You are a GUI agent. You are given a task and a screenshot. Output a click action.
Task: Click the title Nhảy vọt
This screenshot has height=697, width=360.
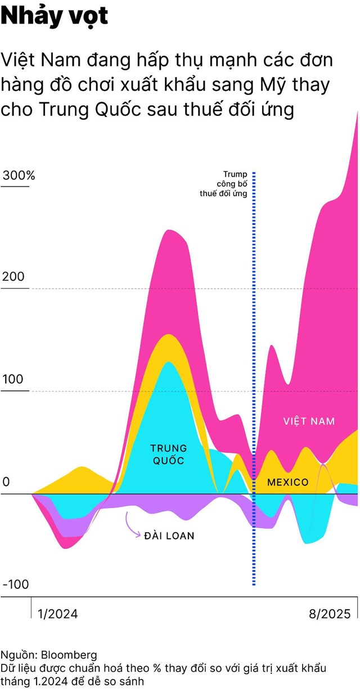pyautogui.click(x=55, y=17)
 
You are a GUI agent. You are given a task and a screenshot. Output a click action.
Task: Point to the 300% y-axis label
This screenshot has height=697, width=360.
pyautogui.click(x=19, y=175)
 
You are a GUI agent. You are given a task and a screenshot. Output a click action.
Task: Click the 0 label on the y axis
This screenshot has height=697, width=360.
pyautogui.click(x=6, y=483)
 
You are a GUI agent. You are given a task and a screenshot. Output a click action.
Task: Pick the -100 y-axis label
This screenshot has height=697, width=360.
pyautogui.click(x=16, y=585)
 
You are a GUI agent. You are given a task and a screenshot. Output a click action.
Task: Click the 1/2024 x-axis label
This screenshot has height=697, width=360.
pyautogui.click(x=57, y=614)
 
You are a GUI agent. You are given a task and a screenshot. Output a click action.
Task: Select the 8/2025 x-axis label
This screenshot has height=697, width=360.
pyautogui.click(x=329, y=614)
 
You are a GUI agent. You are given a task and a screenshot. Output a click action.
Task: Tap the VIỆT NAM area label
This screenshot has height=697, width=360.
pyautogui.click(x=309, y=421)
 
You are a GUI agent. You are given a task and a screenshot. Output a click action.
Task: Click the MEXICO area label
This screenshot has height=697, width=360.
pyautogui.click(x=287, y=482)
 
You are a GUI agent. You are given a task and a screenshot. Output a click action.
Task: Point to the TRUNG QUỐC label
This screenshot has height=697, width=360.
pyautogui.click(x=169, y=455)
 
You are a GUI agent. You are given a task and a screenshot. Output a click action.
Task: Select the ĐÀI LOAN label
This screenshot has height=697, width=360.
pyautogui.click(x=169, y=536)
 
